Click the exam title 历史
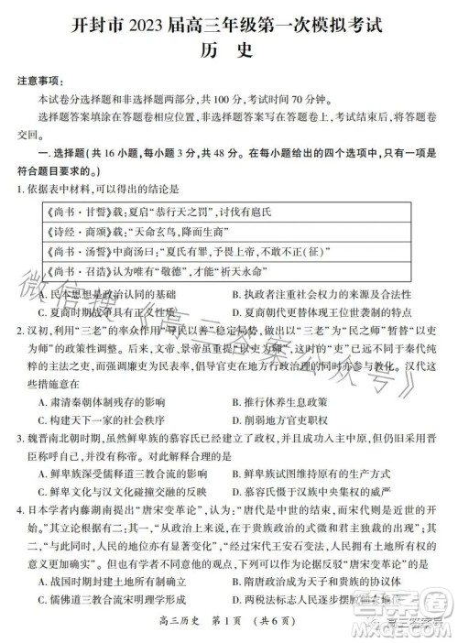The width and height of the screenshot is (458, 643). tap(229, 52)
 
